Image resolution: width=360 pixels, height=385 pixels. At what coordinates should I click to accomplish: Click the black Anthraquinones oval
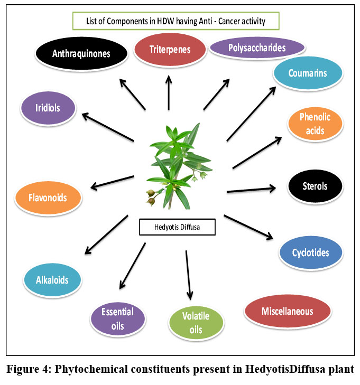[x=81, y=53]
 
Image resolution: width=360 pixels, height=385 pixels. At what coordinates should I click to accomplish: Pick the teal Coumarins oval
[x=308, y=73]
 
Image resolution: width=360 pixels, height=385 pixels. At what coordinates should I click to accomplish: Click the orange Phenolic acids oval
[x=315, y=124]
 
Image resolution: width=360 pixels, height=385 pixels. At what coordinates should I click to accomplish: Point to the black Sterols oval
[x=315, y=186]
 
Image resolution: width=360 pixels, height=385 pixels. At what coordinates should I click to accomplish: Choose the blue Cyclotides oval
[x=310, y=252]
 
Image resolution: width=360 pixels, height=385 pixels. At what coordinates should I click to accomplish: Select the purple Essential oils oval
[x=118, y=318]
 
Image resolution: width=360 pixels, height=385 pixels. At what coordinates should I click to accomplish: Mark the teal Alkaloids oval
[x=53, y=279]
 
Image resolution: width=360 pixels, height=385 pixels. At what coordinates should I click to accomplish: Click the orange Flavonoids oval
[x=48, y=199]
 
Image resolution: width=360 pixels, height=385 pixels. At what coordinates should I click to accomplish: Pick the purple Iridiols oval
[x=48, y=108]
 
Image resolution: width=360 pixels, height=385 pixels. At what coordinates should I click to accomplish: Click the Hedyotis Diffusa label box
[x=177, y=228]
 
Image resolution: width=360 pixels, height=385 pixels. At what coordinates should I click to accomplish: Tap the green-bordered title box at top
[x=176, y=22]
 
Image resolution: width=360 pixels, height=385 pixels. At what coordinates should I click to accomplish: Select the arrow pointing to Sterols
[x=251, y=189]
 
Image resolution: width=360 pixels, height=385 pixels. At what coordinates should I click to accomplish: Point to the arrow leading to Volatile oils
[x=188, y=275]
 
